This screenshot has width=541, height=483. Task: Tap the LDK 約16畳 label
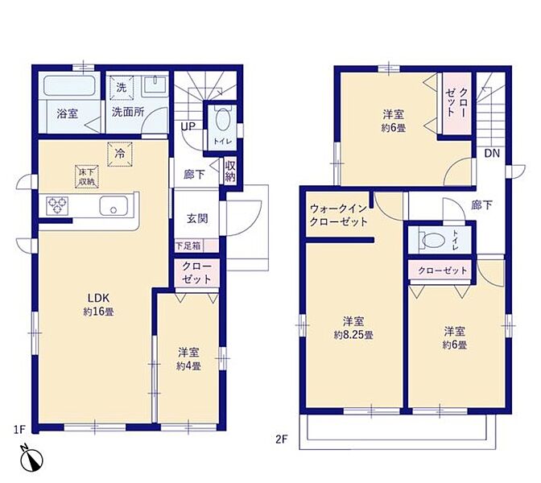[98, 304]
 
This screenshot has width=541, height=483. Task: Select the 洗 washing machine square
[121, 88]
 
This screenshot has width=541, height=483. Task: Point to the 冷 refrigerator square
[120, 155]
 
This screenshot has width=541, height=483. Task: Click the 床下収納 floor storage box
[87, 176]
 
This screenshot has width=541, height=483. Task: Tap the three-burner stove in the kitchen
[57, 206]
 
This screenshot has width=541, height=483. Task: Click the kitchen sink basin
[114, 206]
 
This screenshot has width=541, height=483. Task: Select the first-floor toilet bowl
[223, 119]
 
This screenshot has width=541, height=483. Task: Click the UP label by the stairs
[188, 126]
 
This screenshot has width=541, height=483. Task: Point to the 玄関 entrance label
[197, 219]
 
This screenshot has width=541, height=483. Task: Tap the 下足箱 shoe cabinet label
[188, 246]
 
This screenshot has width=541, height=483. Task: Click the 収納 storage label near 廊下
[230, 171]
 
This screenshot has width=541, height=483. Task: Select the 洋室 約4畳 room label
[188, 359]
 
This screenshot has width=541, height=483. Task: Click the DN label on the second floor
[492, 154]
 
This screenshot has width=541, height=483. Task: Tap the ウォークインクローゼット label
[338, 215]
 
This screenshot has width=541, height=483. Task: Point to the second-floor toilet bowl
[432, 240]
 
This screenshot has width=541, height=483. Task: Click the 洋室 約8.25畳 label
[353, 328]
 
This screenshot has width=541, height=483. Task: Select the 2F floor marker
[281, 440]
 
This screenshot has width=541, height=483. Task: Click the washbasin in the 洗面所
[155, 85]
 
